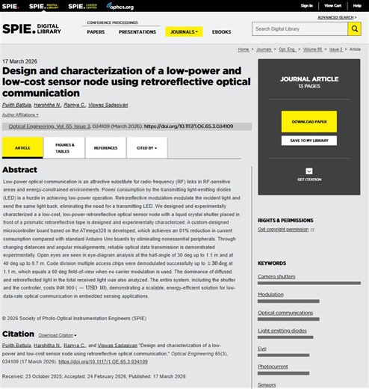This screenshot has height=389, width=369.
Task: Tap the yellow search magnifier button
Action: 355,29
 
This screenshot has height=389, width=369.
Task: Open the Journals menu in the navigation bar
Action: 184,32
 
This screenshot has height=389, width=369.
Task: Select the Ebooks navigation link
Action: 221,32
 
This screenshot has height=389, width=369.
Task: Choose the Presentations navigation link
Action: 137,32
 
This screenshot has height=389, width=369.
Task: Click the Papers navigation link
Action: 96,32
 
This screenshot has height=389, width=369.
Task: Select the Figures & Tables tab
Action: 64,147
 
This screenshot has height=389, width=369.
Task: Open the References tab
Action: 105,148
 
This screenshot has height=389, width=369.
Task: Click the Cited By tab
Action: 146,148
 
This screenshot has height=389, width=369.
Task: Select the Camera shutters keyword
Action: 276,277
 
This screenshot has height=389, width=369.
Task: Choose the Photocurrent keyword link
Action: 272,367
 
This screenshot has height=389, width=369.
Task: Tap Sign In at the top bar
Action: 306,5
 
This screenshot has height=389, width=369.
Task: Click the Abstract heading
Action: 19,171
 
